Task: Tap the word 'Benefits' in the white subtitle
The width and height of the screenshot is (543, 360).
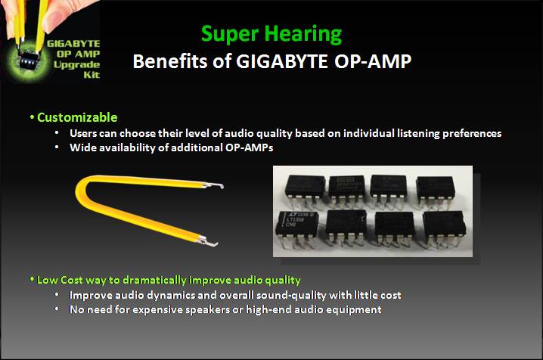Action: coord(166,62)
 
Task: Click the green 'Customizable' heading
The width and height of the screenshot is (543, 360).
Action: coord(76,117)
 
